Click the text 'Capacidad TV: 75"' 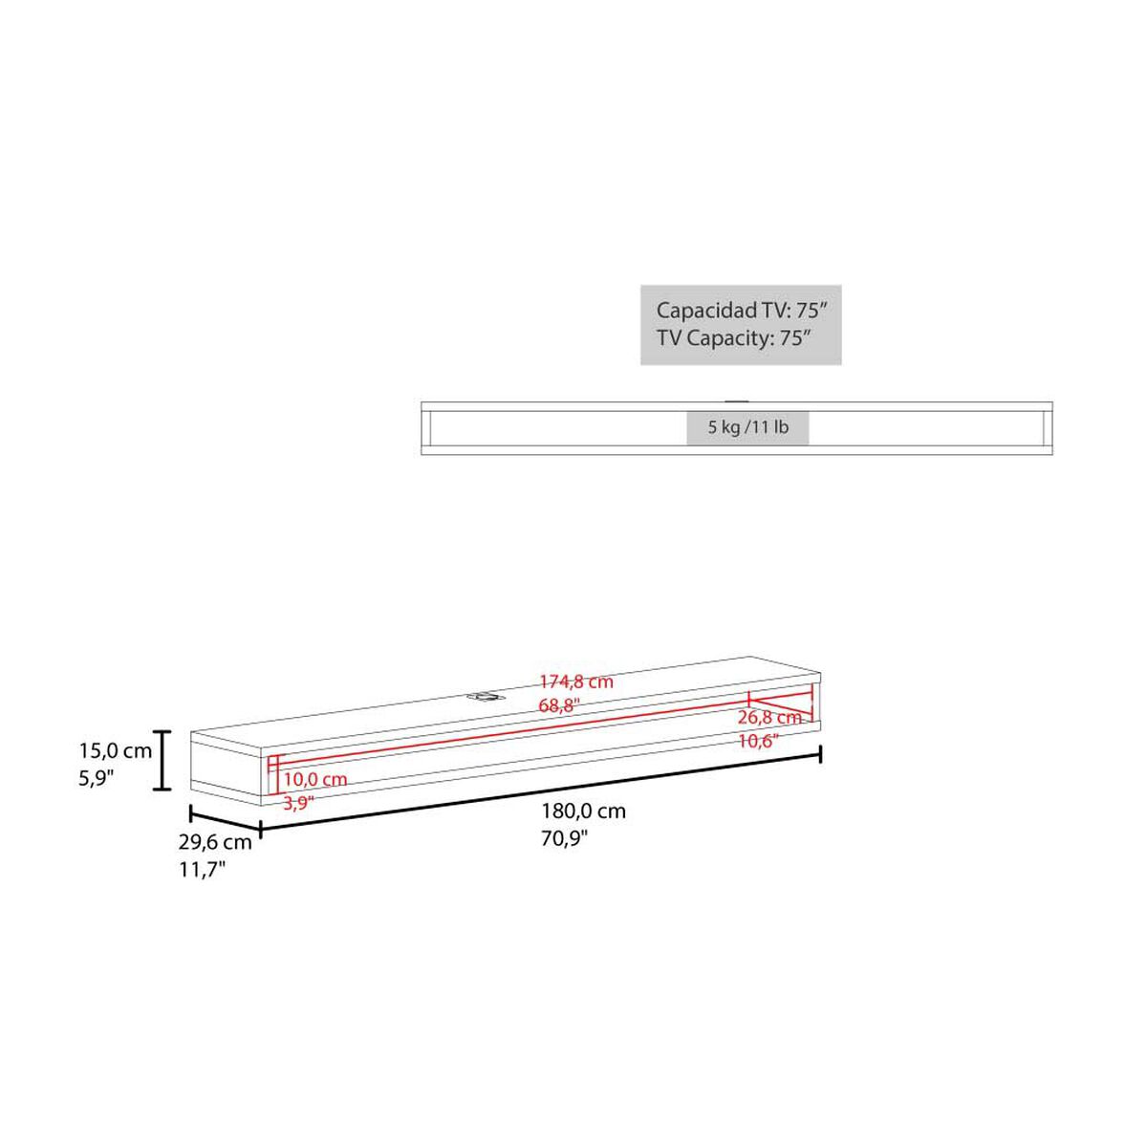[743, 310]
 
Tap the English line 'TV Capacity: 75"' [734, 338]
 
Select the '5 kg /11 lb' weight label [748, 426]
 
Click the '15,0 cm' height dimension [116, 751]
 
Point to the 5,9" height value [96, 778]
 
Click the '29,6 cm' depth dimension [215, 842]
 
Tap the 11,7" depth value [203, 870]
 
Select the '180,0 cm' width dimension [583, 812]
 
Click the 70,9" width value [564, 838]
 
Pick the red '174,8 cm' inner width [576, 682]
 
